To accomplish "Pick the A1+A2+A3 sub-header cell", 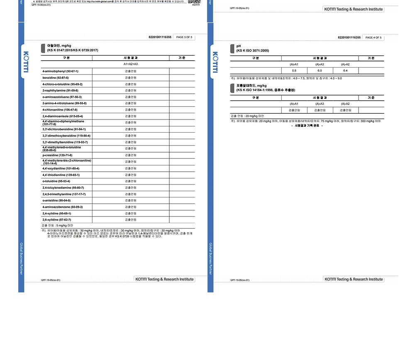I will click(x=130, y=64).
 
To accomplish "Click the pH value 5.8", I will click(x=294, y=71).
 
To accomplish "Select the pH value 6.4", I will click(x=345, y=71).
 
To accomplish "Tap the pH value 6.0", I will click(x=320, y=71).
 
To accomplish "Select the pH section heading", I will click(x=238, y=46).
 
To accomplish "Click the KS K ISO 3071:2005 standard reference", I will click(x=253, y=51).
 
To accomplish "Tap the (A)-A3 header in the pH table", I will click(x=320, y=64).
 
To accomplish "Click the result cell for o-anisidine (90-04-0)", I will click(x=130, y=200).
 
